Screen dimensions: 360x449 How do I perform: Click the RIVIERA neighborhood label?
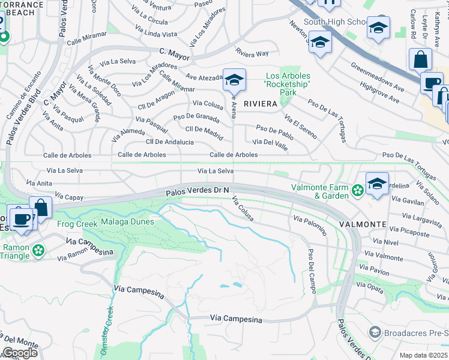coord(260,103)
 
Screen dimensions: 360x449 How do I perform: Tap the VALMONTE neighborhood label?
coord(363,224)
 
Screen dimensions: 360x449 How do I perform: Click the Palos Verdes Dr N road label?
coord(198,191)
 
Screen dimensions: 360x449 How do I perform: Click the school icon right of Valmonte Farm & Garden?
coord(377,183)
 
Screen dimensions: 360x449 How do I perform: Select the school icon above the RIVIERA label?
coord(234,79)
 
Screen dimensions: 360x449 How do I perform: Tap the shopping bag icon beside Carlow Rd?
coord(420,59)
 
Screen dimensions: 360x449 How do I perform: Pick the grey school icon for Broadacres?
coord(375,332)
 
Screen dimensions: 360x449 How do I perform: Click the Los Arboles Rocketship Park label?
coord(288,85)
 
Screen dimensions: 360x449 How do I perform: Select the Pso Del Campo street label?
coord(312,271)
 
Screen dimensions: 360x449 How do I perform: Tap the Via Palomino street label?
coord(310,226)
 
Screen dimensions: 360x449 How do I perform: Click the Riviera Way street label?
coord(252,53)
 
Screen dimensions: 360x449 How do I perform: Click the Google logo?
coord(19,353)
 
